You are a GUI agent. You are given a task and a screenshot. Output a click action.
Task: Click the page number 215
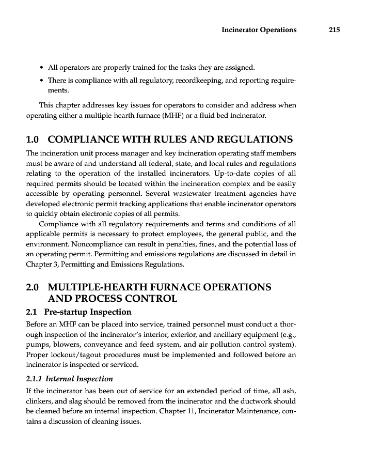click(334, 30)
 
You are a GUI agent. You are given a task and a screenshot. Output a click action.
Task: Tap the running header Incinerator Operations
click(259, 30)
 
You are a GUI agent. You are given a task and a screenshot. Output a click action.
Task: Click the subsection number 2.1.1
click(35, 379)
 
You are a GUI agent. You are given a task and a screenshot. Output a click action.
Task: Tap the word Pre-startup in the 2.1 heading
click(67, 312)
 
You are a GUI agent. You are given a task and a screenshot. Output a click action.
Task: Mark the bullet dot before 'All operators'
click(41, 68)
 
